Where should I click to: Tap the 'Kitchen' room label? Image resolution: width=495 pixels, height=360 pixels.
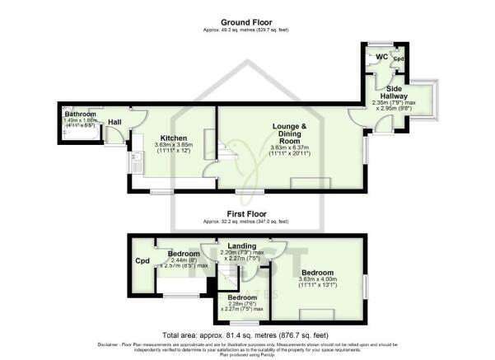point(174,138)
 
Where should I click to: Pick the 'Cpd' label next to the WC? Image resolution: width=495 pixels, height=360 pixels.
point(398,59)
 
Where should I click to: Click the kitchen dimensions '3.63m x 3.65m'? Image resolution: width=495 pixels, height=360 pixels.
point(174,146)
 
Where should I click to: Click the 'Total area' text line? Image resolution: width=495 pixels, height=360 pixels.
point(248,335)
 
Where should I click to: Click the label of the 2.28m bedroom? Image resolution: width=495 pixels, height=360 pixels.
point(243,297)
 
